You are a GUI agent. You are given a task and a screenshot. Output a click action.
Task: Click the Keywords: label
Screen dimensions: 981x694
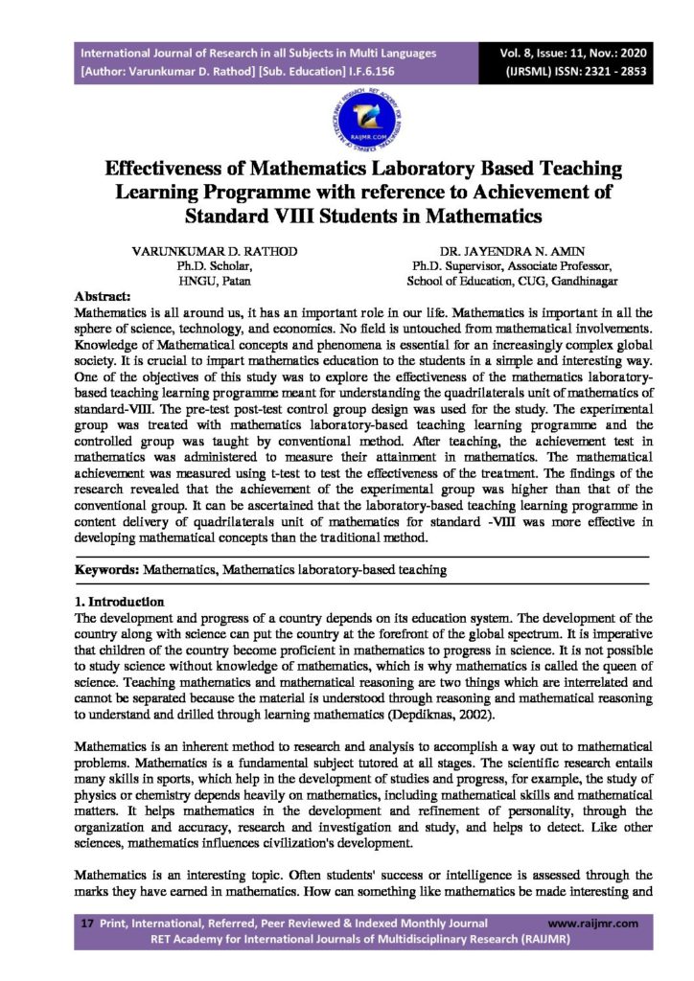107,570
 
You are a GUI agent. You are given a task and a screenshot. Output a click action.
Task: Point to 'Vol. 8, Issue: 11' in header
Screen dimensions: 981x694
557,53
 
